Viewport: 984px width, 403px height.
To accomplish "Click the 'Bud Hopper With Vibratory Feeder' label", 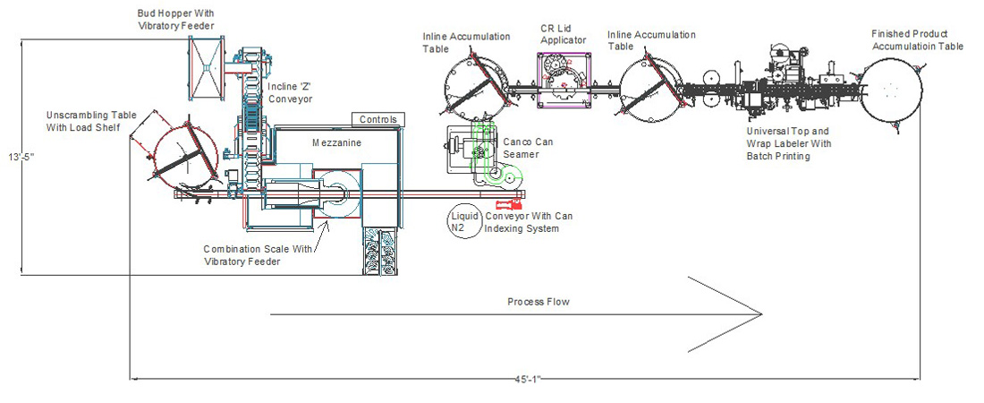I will click(174, 21).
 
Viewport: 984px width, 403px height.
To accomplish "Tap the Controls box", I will click(377, 119).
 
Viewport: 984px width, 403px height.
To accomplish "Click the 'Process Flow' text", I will click(538, 302).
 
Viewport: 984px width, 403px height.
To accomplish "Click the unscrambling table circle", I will click(182, 156).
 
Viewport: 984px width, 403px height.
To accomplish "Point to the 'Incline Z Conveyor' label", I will click(290, 92).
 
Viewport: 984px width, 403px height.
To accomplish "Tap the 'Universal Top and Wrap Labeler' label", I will click(789, 143).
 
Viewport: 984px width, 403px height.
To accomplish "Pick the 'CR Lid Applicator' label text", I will click(563, 35).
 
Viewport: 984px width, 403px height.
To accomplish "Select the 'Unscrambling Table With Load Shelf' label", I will click(88, 121).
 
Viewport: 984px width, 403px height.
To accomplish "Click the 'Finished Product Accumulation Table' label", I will click(917, 39).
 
